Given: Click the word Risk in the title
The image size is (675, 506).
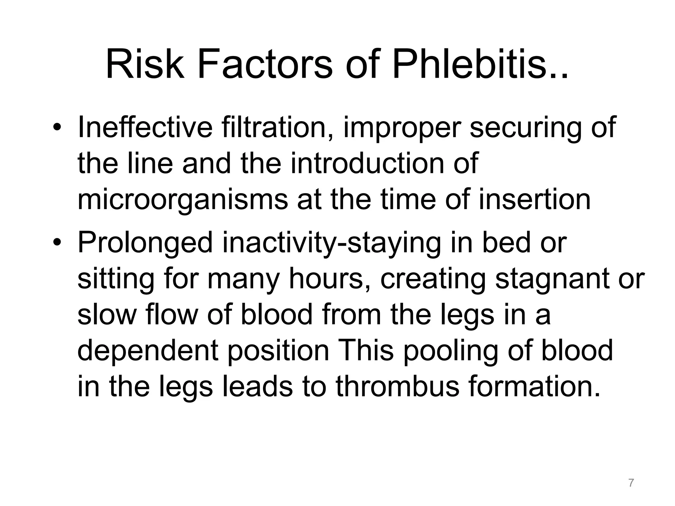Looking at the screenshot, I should (x=145, y=64).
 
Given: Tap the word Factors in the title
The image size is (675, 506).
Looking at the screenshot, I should (x=265, y=64).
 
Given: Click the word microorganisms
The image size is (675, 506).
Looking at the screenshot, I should (x=183, y=200).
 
